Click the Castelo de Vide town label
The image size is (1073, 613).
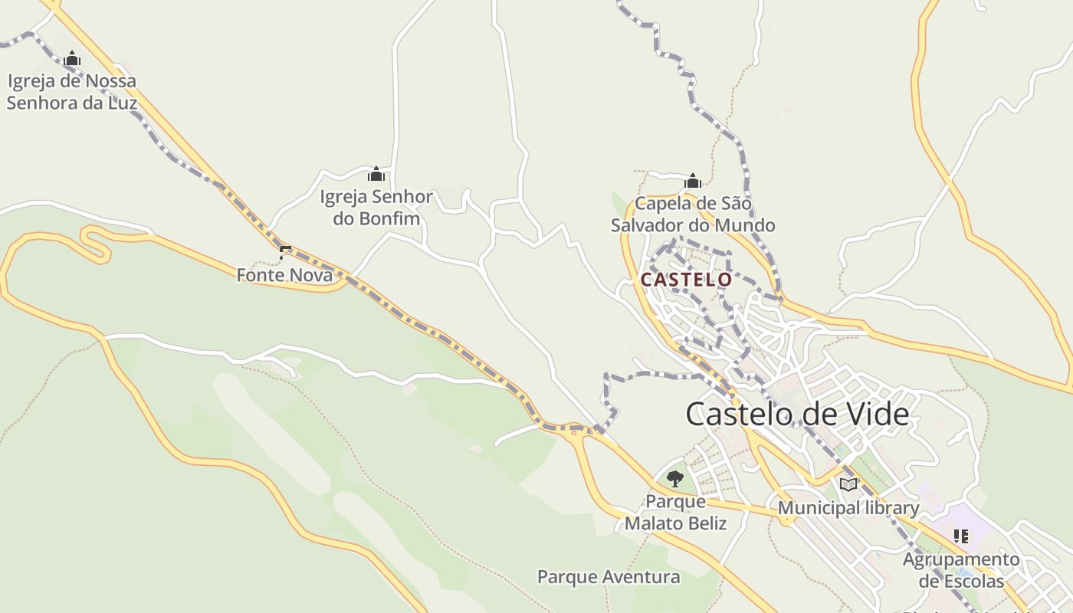click(797, 415)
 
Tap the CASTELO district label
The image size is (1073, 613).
click(686, 280)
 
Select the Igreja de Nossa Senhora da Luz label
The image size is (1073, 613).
click(72, 92)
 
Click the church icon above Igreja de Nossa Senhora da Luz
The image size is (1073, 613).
click(72, 58)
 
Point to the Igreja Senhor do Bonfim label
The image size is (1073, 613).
click(376, 208)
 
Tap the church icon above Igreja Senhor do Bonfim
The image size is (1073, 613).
click(376, 175)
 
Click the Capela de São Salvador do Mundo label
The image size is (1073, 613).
click(693, 215)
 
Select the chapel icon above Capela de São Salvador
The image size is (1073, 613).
click(693, 181)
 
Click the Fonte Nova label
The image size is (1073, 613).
click(284, 275)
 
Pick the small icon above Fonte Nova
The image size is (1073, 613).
click(285, 251)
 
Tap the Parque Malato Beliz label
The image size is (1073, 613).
click(675, 513)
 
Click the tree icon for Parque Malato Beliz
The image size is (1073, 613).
click(674, 479)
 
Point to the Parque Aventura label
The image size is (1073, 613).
click(609, 577)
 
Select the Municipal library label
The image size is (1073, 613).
click(848, 508)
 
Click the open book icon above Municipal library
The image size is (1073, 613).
click(848, 484)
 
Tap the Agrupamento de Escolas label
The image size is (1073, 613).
click(961, 570)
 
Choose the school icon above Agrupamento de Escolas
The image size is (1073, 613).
click(961, 536)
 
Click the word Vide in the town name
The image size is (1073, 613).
click(875, 415)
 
